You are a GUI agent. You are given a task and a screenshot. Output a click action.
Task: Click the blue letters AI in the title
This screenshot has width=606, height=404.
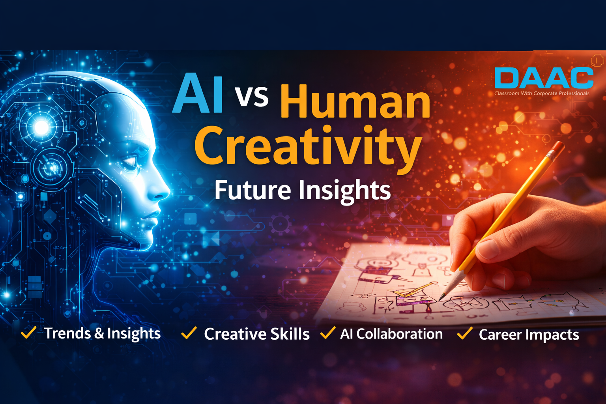(198, 94)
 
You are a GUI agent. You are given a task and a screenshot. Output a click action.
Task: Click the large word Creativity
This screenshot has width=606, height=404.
(308, 146)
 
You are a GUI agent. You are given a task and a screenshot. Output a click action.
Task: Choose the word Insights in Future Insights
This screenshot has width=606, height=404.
(344, 191)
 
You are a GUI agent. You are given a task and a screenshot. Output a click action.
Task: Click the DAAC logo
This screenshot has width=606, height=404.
(544, 78)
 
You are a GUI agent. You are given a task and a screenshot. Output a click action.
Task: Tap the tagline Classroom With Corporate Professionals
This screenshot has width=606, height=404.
(542, 94)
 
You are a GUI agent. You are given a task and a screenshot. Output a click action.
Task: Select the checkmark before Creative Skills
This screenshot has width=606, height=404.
(189, 333)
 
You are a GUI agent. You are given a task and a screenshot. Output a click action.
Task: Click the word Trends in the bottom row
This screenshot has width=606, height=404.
(67, 333)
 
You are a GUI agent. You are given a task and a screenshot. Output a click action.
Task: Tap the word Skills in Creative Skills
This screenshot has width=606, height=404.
(290, 334)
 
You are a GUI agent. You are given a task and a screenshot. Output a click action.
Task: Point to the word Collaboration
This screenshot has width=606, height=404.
(399, 334)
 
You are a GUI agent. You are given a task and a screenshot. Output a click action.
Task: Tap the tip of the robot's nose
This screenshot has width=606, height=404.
(168, 193)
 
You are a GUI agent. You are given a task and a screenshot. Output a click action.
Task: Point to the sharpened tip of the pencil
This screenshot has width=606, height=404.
(441, 299)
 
